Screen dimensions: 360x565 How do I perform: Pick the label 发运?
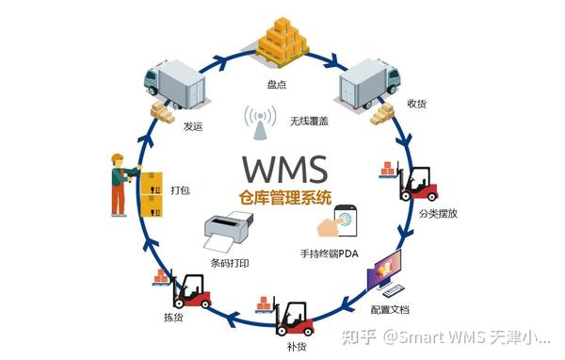[x=193, y=124]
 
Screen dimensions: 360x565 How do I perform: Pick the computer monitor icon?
[x=393, y=274]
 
